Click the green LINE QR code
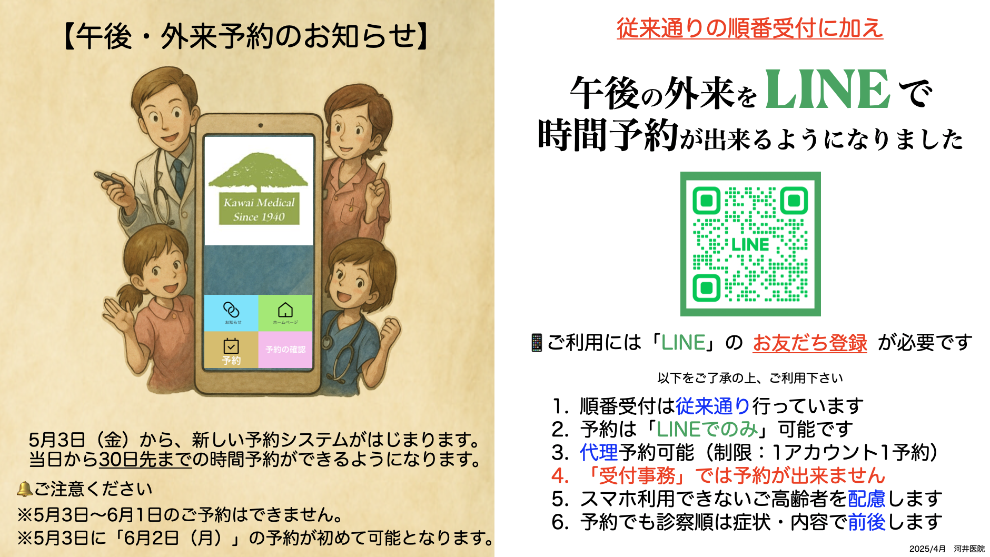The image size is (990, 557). pos(750,244)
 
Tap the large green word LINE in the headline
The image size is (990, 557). pos(827,89)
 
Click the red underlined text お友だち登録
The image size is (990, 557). pos(810,343)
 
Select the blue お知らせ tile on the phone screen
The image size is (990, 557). pos(231,313)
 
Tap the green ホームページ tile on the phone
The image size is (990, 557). pos(285,313)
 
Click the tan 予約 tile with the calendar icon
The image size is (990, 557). pos(231,350)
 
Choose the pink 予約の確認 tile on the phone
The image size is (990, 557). pos(285,350)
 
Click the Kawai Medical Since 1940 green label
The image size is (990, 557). pos(259,209)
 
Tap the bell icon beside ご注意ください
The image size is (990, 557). pos(25,489)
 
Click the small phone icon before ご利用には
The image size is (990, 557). pos(537,343)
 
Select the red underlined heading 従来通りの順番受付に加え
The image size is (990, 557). pos(750,28)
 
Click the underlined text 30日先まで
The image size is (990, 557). pos(145,460)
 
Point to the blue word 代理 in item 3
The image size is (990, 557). pos(599,452)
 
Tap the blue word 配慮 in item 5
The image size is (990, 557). pos(867,499)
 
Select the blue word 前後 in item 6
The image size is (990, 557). pos(867,522)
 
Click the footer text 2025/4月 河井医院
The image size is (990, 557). pos(947,549)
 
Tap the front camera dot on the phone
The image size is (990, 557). pos(260,125)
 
